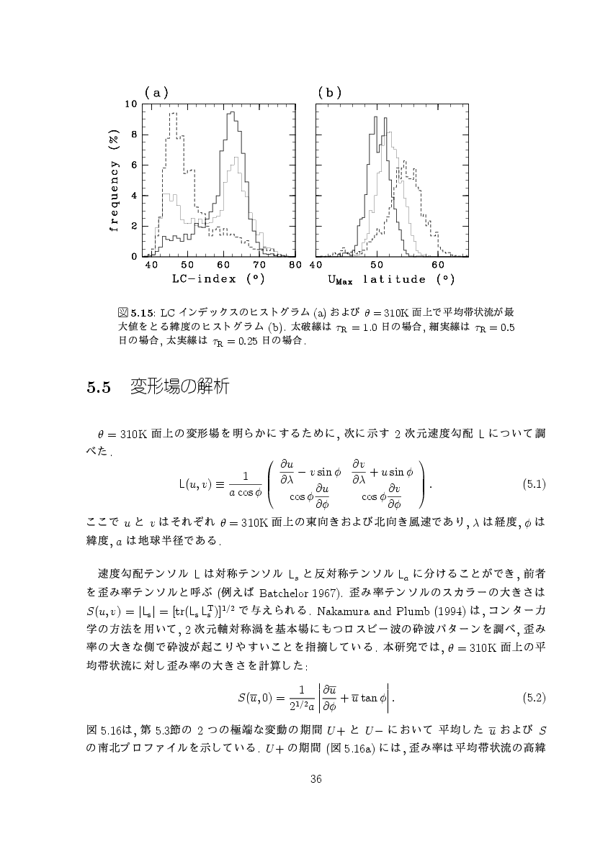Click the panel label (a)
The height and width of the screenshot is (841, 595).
click(156, 92)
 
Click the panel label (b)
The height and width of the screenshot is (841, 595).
click(329, 92)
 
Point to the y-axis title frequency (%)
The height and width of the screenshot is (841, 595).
click(113, 180)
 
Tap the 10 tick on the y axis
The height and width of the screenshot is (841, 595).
click(131, 104)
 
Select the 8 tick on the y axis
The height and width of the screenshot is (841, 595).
click(134, 135)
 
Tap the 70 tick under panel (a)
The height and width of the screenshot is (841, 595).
click(259, 265)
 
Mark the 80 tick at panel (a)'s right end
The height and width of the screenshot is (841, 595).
click(294, 265)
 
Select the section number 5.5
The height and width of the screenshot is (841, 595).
click(97, 388)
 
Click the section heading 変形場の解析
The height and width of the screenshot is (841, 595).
click(179, 387)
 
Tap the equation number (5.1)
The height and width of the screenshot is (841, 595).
click(533, 483)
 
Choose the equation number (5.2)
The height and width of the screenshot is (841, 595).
click(533, 698)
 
